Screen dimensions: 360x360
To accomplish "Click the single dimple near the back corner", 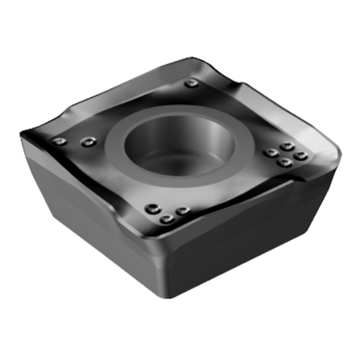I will pyautogui.click(x=190, y=83).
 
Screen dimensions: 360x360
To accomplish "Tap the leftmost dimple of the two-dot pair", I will pyautogui.click(x=61, y=141).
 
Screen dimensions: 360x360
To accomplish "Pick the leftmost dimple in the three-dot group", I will pyautogui.click(x=152, y=208).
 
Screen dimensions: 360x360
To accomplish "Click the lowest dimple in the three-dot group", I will pyautogui.click(x=168, y=219).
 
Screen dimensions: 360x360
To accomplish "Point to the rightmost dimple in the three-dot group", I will pyautogui.click(x=183, y=211).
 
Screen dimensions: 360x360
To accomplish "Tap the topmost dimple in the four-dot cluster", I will pyautogui.click(x=285, y=147).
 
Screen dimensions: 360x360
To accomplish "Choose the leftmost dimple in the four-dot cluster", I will pyautogui.click(x=270, y=154).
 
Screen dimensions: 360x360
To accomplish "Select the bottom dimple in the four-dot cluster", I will pyautogui.click(x=284, y=162).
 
